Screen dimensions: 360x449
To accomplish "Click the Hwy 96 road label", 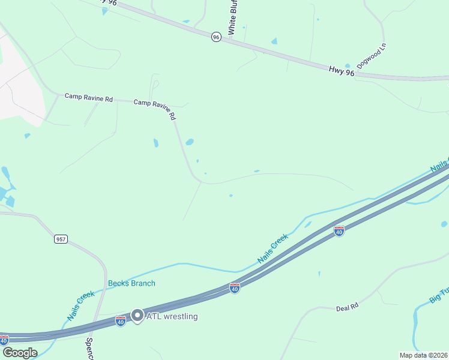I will (x=342, y=70).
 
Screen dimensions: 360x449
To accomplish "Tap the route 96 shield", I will (x=216, y=37).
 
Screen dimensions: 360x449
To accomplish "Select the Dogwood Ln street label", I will (x=372, y=56).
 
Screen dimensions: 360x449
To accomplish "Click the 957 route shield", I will (x=60, y=239).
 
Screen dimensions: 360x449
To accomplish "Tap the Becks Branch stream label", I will (x=131, y=283).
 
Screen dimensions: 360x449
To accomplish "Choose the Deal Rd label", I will (x=347, y=307).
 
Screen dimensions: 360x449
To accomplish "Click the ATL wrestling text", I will (x=172, y=316).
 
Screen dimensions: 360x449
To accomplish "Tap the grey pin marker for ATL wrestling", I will (x=137, y=316).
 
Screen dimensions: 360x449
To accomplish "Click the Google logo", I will (x=19, y=352).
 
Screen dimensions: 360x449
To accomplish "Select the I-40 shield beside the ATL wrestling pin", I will (x=121, y=322).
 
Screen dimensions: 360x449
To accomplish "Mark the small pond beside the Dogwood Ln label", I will (x=348, y=66).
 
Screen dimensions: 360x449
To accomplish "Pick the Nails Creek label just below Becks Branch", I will (x=81, y=305).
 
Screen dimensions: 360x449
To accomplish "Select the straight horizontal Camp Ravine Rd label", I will (x=89, y=97).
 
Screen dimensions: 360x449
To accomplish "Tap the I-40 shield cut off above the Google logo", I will (x=4, y=340).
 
